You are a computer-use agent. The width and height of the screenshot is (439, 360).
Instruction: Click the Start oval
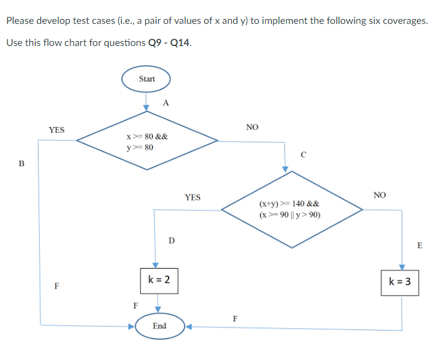[146, 79]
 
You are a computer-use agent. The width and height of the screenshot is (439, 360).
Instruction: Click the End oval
[159, 326]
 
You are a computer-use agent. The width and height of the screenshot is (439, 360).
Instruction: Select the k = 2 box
[159, 281]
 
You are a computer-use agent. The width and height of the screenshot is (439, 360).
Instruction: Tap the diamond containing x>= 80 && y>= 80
[147, 142]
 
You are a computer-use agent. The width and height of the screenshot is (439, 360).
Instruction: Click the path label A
[166, 102]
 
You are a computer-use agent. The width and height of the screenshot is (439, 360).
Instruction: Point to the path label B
[22, 164]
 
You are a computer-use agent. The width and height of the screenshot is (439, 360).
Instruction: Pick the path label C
[303, 155]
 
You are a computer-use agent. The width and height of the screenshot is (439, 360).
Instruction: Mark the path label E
[419, 245]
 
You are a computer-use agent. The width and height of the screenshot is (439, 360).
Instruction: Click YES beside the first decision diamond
[56, 129]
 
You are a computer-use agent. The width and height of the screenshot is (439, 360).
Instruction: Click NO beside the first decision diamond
[252, 127]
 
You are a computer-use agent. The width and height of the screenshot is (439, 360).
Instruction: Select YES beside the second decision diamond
[192, 197]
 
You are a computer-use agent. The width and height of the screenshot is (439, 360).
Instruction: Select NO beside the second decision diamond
[380, 195]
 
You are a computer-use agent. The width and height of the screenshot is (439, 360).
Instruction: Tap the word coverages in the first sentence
[405, 20]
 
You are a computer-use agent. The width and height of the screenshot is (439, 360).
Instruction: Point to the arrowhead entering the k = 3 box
[402, 267]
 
